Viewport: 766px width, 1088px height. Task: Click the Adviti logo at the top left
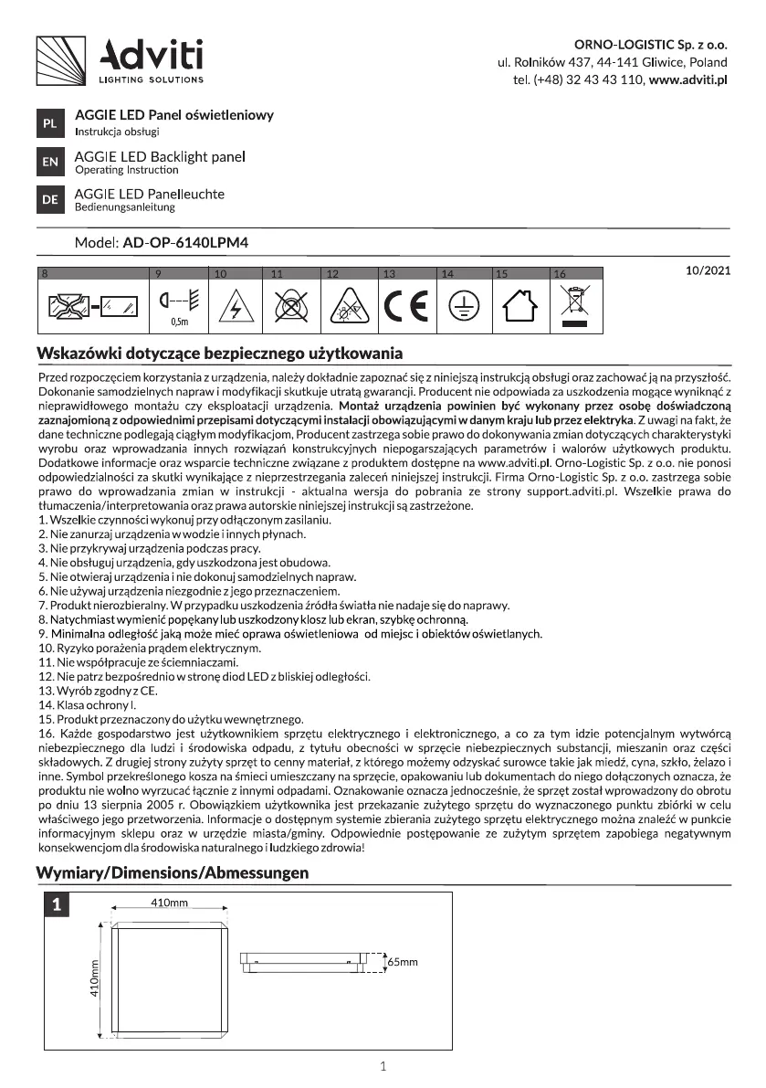119,60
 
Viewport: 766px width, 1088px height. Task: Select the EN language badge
49,163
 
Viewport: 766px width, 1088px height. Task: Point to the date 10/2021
708,271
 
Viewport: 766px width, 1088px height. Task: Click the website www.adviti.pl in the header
687,80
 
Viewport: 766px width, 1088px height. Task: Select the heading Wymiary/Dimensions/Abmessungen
172,873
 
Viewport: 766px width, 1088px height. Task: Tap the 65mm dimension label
402,962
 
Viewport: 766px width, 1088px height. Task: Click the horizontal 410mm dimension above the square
168,903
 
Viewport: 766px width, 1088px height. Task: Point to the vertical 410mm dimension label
94,978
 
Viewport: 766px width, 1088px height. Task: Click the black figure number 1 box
57,906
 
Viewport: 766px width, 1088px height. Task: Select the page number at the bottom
383,1066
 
